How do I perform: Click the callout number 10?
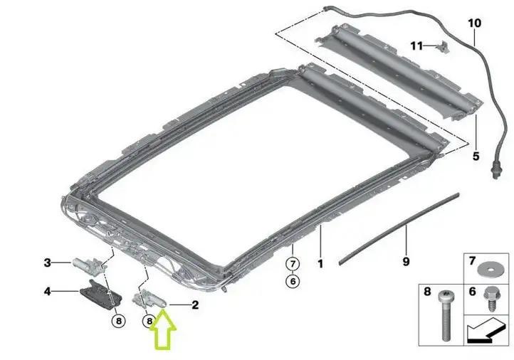coord(474,23)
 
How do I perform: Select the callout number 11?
coord(416,46)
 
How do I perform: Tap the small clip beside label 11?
coord(442,47)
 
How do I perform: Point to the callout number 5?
coord(476,156)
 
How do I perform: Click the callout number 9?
coord(406,261)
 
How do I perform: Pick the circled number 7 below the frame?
coord(293,263)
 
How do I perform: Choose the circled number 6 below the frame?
coord(293,281)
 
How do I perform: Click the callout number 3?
coord(48,263)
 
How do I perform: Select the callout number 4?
coord(48,291)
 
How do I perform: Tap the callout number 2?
coord(195,305)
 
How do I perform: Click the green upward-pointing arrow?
coord(163,330)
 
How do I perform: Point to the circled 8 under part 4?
coord(119,321)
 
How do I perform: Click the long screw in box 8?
coord(446,315)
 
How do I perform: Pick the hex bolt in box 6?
coord(490,300)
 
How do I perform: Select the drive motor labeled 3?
coord(88,264)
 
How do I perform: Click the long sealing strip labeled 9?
coord(399,228)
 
